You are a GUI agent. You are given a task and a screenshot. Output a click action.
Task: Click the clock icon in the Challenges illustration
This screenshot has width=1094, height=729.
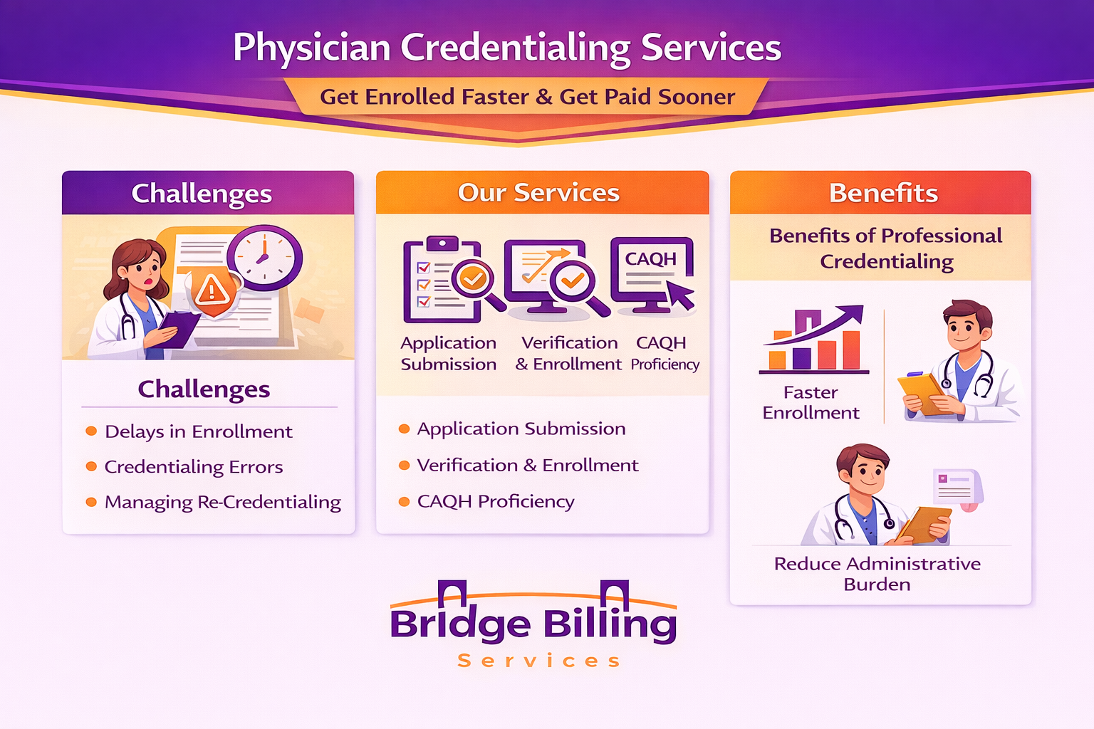click(x=264, y=258)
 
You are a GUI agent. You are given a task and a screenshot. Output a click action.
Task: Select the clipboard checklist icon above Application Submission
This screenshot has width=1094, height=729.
click(x=442, y=280)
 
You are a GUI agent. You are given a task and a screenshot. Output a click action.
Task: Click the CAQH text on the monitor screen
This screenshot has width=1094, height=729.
click(x=650, y=259)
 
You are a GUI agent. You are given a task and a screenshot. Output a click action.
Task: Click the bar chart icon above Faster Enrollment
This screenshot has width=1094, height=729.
click(x=813, y=340)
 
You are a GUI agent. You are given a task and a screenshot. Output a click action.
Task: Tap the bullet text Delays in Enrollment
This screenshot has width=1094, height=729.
click(x=198, y=431)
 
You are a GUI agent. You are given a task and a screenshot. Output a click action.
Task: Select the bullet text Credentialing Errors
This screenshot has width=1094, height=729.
click(x=194, y=467)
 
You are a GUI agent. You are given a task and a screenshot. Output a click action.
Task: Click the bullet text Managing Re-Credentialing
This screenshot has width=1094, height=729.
click(x=223, y=503)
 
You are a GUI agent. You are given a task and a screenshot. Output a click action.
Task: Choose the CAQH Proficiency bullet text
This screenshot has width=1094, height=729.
click(x=496, y=501)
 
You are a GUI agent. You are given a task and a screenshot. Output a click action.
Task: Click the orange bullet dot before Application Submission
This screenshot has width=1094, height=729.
click(x=404, y=429)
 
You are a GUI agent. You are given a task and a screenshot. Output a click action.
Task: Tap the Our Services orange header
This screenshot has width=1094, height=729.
click(x=542, y=192)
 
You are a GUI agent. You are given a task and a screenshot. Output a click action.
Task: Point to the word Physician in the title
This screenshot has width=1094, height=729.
click(x=311, y=48)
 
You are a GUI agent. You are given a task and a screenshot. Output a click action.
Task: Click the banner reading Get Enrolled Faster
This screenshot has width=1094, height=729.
click(x=527, y=97)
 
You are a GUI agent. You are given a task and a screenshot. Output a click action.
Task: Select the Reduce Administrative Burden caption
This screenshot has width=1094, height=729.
click(x=877, y=574)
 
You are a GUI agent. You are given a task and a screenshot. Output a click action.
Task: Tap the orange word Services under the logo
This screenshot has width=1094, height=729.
click(x=538, y=661)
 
